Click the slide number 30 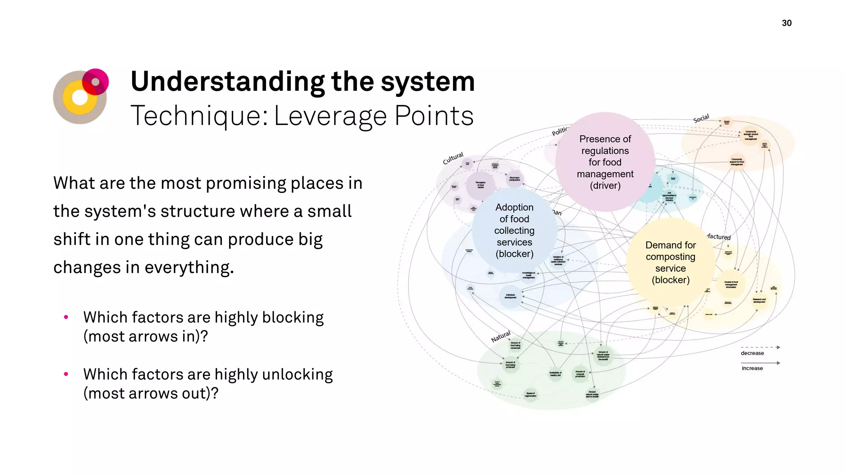(786, 23)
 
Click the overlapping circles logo (81, 96)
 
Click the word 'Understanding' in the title (227, 81)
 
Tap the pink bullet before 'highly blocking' (66, 317)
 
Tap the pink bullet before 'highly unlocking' (66, 374)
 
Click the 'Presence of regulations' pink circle (605, 162)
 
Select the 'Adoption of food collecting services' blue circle (514, 230)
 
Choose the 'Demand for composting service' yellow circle (670, 262)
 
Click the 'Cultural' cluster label (453, 158)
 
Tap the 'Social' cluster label (701, 118)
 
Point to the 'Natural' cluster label (500, 336)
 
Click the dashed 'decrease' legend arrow (760, 347)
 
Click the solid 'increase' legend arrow (760, 363)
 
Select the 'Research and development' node (759, 301)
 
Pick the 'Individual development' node (510, 296)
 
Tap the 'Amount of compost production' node (580, 374)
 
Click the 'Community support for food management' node (737, 161)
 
